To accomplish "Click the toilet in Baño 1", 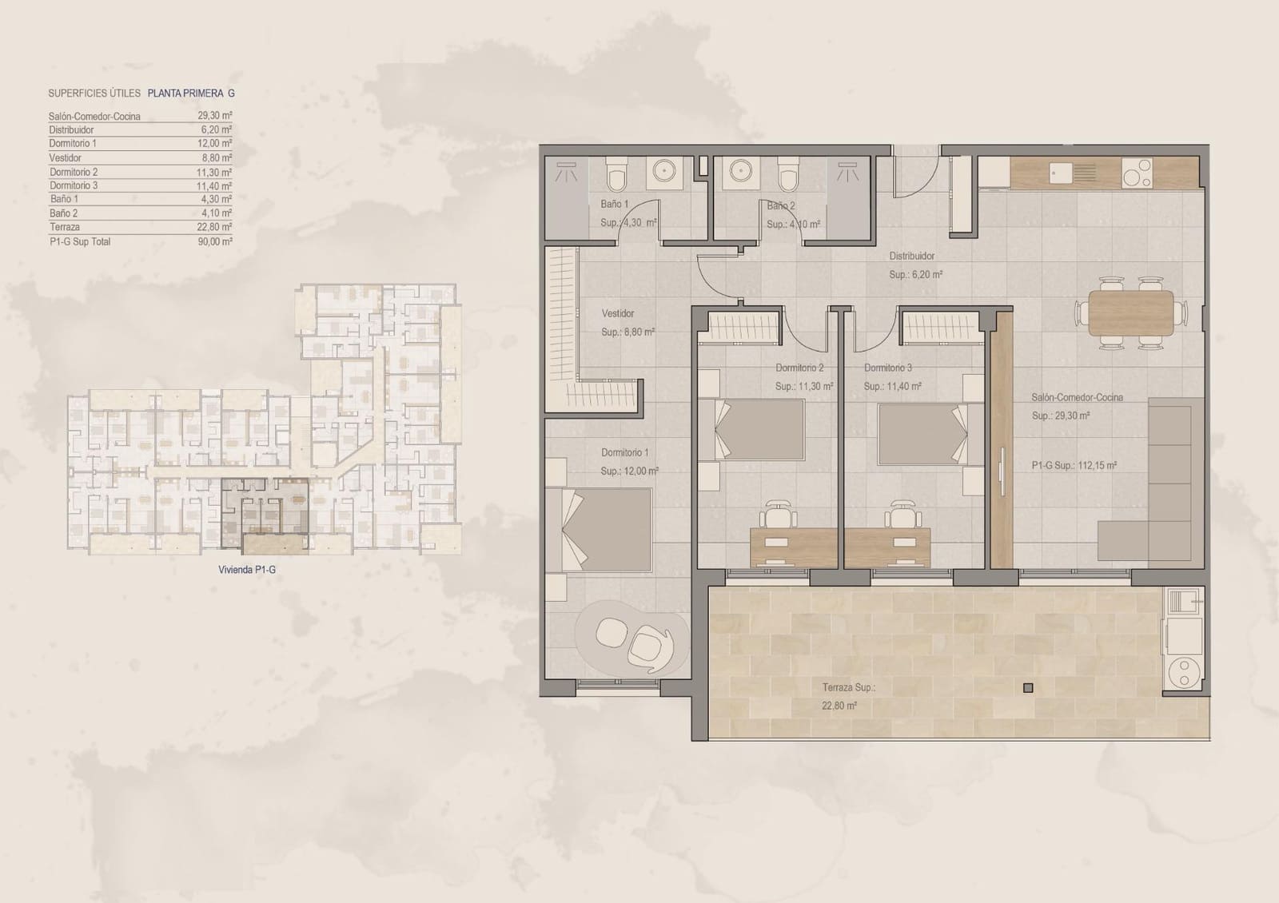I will pos(617,173).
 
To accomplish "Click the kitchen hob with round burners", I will pos(1137,173).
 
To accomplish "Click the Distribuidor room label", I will pos(912,257).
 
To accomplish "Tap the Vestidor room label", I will pos(618,314).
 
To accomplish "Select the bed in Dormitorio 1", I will pos(607,528).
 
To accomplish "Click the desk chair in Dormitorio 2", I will pos(779,514).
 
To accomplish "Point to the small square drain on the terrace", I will pos(1028,687).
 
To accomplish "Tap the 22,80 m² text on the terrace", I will pos(839,706).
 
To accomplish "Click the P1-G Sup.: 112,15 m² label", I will pos(1074,465).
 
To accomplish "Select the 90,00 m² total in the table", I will pos(215,241).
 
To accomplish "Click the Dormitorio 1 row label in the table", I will pos(73,144).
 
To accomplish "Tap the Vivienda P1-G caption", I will pos(247,570).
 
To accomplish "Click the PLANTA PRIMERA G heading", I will pos(191,93).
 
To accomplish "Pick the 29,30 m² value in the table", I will pos(215,116).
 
